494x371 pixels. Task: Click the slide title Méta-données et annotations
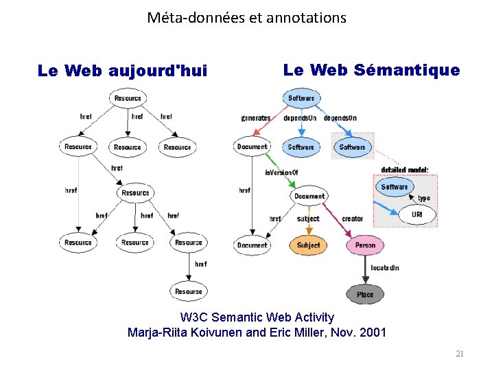pyautogui.click(x=246, y=18)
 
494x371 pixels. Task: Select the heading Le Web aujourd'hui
pyautogui.click(x=122, y=71)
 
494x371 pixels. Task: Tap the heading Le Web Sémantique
pyautogui.click(x=371, y=69)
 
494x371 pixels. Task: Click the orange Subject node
pyautogui.click(x=308, y=245)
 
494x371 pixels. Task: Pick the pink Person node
pyautogui.click(x=365, y=245)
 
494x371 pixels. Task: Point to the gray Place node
pyautogui.click(x=365, y=295)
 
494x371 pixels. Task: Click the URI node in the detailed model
pyautogui.click(x=417, y=215)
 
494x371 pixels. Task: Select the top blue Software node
pyautogui.click(x=301, y=98)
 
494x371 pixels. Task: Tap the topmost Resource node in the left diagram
pyautogui.click(x=128, y=98)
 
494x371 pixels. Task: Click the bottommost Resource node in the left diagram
pyautogui.click(x=189, y=291)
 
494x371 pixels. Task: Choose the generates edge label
pyautogui.click(x=255, y=118)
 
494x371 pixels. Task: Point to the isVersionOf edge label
pyautogui.click(x=281, y=172)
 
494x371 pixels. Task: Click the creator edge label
pyautogui.click(x=352, y=218)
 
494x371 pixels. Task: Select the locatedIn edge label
pyautogui.click(x=384, y=267)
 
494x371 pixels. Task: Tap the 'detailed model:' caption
pyautogui.click(x=405, y=170)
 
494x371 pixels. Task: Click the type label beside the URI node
pyautogui.click(x=423, y=198)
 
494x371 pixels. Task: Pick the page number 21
pyautogui.click(x=460, y=354)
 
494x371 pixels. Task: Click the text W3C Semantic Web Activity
pyautogui.click(x=257, y=317)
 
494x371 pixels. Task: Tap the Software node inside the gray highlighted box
pyautogui.click(x=352, y=147)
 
